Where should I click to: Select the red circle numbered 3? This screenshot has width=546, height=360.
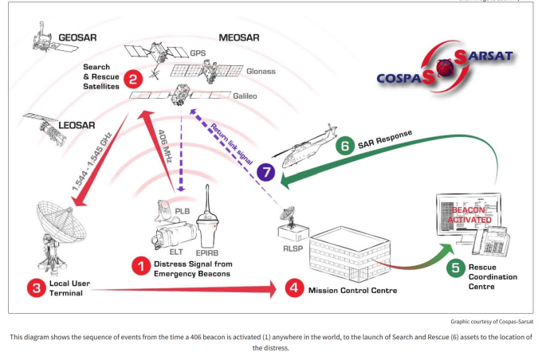35,288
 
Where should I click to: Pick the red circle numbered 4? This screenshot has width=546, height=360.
294,288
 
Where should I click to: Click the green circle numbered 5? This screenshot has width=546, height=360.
455,268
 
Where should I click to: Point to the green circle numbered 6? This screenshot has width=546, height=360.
345,146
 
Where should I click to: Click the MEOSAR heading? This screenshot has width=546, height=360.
239,37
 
